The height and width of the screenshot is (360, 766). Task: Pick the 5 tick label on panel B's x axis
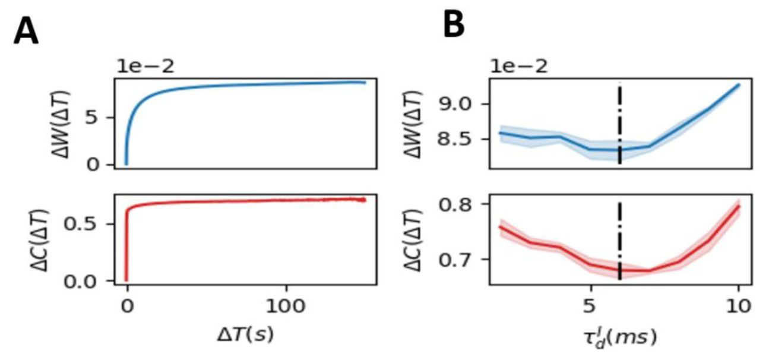pos(590,308)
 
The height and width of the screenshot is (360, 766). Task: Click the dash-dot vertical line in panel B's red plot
pos(620,238)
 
